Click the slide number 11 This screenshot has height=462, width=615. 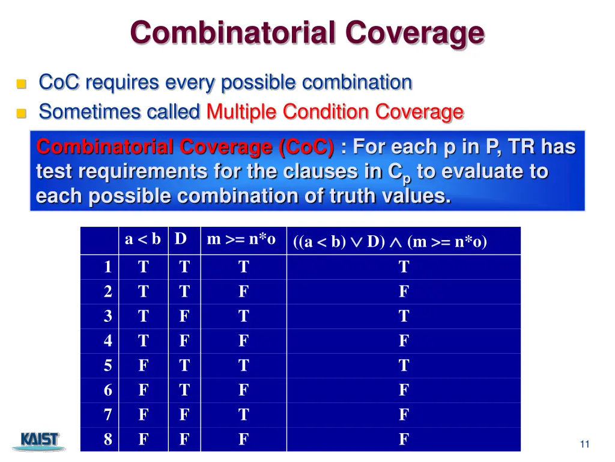(584, 445)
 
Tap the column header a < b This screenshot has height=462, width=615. (142, 239)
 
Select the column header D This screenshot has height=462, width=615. (181, 239)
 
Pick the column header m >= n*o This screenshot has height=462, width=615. (241, 239)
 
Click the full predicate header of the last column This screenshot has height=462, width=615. (390, 242)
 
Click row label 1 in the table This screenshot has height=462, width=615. (108, 267)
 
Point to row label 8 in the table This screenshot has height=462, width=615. (108, 440)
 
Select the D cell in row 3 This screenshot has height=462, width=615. (184, 316)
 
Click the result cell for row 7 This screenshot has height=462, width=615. (404, 415)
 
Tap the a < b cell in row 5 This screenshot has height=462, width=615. (143, 366)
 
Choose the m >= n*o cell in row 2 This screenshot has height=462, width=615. (243, 292)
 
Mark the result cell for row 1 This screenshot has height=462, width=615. (404, 267)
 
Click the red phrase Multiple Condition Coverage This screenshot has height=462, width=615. (335, 112)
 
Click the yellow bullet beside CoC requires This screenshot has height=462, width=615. (22, 84)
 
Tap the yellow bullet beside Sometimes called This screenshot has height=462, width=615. (22, 113)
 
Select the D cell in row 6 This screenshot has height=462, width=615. (184, 390)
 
